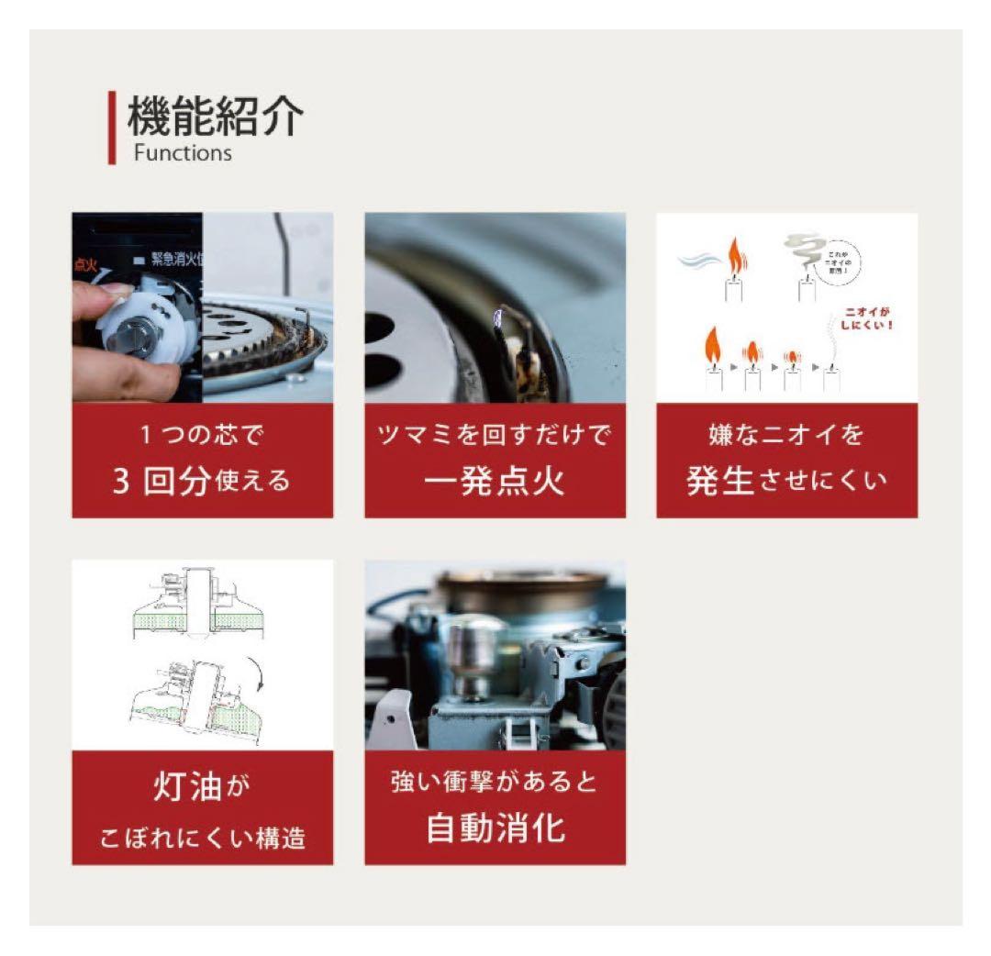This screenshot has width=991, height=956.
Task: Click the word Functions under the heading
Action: [x=183, y=153]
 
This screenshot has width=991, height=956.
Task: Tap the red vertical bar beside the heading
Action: [x=112, y=128]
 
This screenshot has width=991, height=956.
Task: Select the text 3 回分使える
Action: [x=202, y=481]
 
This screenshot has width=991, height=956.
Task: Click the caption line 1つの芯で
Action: [x=202, y=435]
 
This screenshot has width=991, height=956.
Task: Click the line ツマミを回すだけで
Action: [x=495, y=435]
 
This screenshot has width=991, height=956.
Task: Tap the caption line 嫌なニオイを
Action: [x=786, y=435]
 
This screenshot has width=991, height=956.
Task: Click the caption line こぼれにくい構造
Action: [x=202, y=838]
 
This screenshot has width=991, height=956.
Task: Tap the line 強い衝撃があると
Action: [x=495, y=784]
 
